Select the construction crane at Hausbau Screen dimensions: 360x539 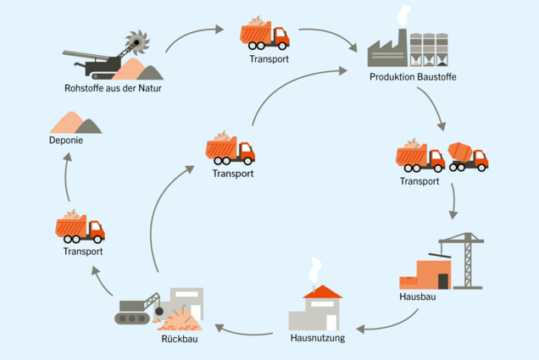462,254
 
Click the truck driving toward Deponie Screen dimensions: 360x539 80,226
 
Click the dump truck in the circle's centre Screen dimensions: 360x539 230,149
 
